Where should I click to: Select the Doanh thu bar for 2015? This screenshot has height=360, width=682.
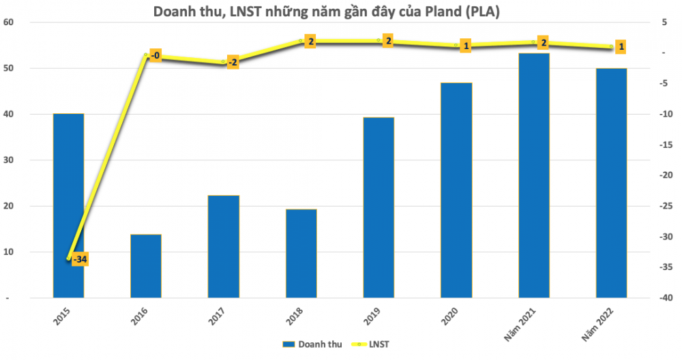pyautogui.click(x=68, y=205)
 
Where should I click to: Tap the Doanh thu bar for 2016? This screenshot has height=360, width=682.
pyautogui.click(x=146, y=266)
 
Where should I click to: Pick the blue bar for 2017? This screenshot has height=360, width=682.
pyautogui.click(x=224, y=246)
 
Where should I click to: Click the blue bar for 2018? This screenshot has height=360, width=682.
pyautogui.click(x=301, y=253)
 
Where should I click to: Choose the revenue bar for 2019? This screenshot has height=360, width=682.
pyautogui.click(x=379, y=207)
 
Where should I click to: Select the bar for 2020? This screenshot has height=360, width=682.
pyautogui.click(x=456, y=190)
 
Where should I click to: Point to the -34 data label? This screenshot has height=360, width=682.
pyautogui.click(x=80, y=260)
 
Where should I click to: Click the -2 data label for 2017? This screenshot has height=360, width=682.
pyautogui.click(x=233, y=63)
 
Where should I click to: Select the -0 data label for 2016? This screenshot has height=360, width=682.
pyautogui.click(x=155, y=55)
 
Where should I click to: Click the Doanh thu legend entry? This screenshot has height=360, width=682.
pyautogui.click(x=306, y=345)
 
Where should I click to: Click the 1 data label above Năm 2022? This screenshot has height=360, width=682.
pyautogui.click(x=621, y=47)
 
